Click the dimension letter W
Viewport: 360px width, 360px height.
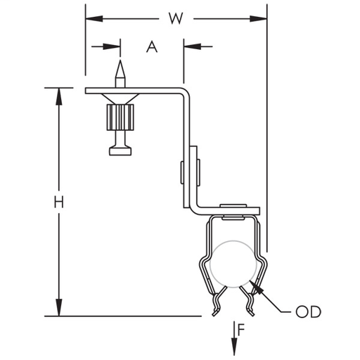click(x=176, y=18)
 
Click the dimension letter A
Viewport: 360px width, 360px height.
click(x=152, y=46)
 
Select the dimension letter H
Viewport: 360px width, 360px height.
click(x=58, y=202)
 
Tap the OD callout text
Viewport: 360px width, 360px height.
click(x=308, y=311)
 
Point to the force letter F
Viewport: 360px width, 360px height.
click(x=241, y=330)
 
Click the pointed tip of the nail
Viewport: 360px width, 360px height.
click(x=120, y=60)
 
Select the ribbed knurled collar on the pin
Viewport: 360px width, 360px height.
click(x=120, y=117)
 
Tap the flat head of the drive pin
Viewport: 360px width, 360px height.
click(x=120, y=151)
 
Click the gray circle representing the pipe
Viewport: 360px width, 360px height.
click(x=233, y=241)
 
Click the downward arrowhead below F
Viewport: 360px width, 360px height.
click(x=234, y=347)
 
